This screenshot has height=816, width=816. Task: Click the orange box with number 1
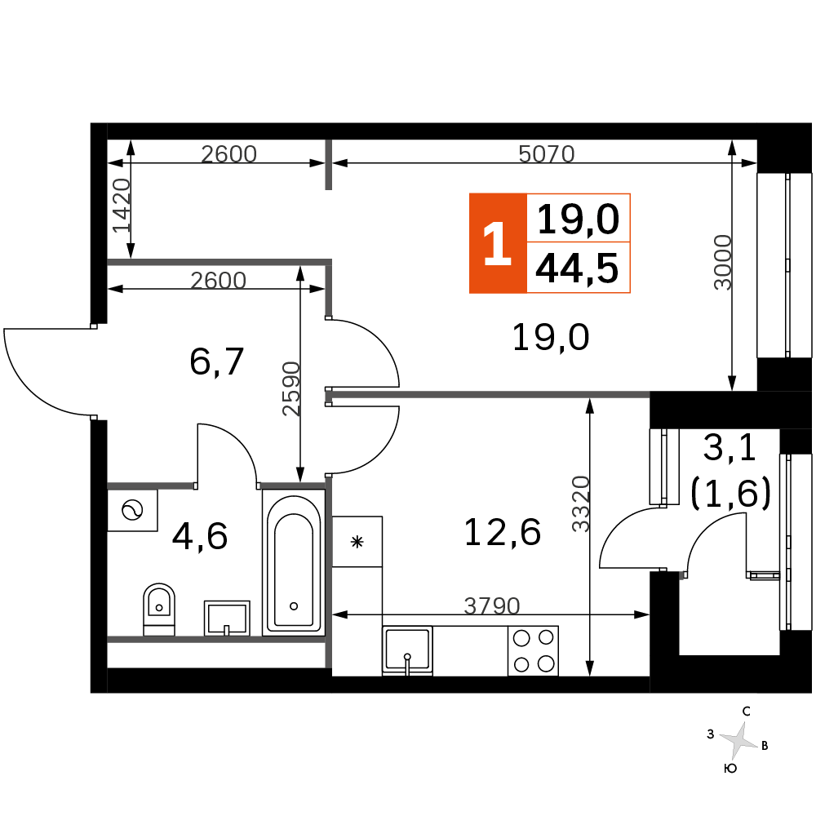tap(498, 243)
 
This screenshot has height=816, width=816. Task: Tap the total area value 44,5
tap(577, 268)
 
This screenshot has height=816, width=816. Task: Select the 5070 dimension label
tap(547, 154)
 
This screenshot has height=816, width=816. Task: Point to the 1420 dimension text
tap(122, 205)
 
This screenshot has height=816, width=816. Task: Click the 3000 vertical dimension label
tap(723, 262)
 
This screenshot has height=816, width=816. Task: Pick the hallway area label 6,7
tap(216, 361)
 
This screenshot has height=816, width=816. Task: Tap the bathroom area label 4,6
tap(200, 536)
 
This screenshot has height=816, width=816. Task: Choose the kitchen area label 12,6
tap(502, 532)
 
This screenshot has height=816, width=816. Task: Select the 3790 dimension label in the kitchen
tap(492, 605)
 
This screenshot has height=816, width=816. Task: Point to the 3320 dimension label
tap(581, 503)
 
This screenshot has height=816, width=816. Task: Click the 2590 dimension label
tap(291, 388)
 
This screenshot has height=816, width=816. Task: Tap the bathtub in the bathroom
tap(294, 562)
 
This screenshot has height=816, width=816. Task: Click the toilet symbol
tap(159, 609)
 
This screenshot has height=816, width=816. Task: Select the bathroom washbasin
tap(227, 619)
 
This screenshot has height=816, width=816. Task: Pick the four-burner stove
tap(533, 651)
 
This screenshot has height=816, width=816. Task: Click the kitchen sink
tap(407, 650)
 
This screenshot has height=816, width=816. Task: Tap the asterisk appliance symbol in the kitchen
tap(357, 542)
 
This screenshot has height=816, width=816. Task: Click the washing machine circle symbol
tap(132, 511)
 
